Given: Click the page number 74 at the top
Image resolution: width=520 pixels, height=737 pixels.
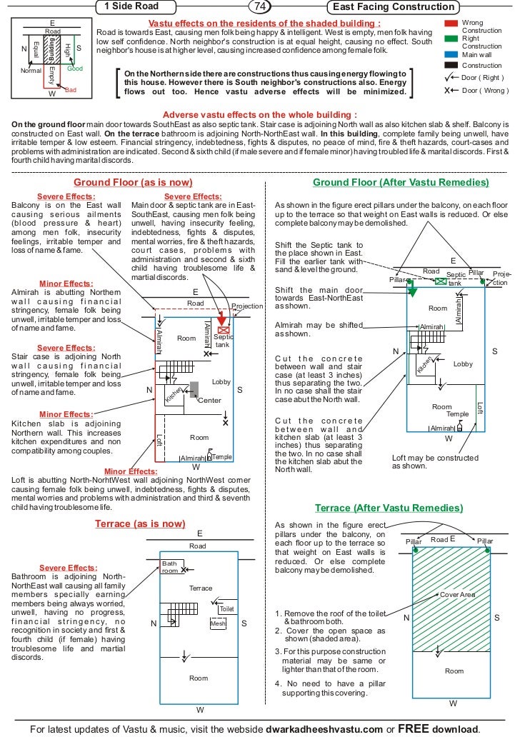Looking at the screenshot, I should (x=259, y=7).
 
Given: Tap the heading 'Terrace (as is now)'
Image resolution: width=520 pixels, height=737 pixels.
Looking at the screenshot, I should (x=140, y=523).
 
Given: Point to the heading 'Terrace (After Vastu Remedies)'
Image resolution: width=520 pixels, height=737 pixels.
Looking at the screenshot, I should (x=389, y=508).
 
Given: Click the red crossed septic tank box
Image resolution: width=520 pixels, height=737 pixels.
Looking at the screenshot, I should (x=223, y=330).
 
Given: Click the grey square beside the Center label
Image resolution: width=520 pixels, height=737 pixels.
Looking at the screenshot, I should (x=194, y=389).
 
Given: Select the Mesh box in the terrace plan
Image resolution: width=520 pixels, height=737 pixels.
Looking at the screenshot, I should (x=218, y=623).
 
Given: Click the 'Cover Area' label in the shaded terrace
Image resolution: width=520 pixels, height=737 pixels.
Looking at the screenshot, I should (x=457, y=595).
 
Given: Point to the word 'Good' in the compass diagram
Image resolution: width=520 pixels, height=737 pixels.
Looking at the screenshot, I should (x=75, y=69).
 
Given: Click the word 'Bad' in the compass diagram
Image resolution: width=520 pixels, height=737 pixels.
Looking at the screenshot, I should (x=70, y=90).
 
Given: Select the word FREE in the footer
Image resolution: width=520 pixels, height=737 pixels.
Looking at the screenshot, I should (x=412, y=728).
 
